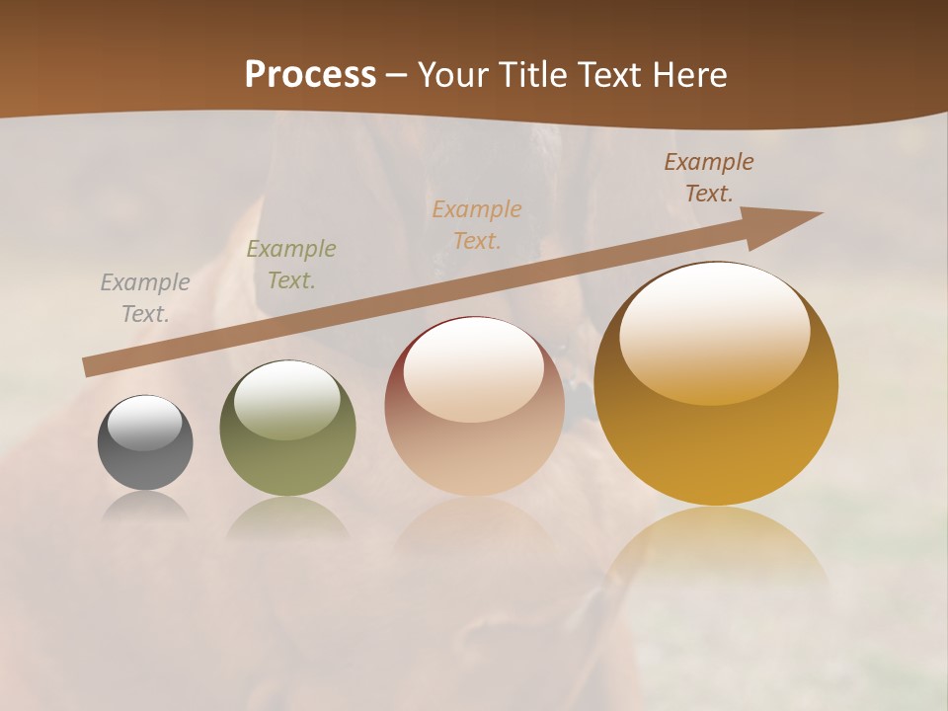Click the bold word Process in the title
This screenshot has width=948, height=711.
(x=310, y=75)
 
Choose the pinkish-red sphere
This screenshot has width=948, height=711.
(x=474, y=407)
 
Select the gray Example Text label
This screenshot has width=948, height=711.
(x=145, y=298)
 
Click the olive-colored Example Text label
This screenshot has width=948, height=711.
(x=290, y=265)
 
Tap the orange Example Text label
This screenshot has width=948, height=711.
(x=477, y=225)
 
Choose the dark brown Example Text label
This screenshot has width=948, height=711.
(x=708, y=178)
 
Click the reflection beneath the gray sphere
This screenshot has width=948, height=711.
(x=145, y=507)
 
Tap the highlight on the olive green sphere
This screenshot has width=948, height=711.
(x=287, y=400)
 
